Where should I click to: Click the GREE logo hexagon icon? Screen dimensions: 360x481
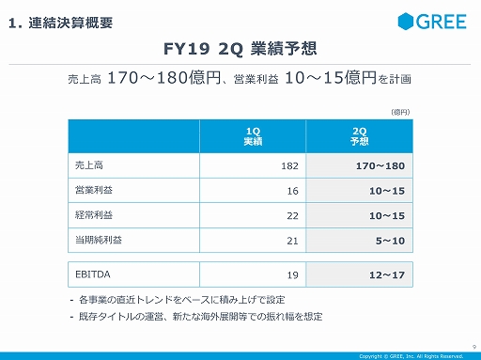[x=405, y=22]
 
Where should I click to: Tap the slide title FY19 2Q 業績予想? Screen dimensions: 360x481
[x=240, y=47]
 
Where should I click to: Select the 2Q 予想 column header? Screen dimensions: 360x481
[x=358, y=133]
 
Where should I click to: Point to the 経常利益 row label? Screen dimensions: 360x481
[x=95, y=215]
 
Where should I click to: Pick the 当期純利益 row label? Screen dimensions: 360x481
[x=99, y=240]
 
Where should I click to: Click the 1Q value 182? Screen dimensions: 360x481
[x=289, y=165]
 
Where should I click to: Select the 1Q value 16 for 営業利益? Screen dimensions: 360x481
[x=292, y=191]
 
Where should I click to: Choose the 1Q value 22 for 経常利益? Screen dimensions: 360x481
[x=292, y=216]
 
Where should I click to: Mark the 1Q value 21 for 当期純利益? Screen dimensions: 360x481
[x=292, y=241]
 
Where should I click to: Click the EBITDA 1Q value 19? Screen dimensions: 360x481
[x=292, y=274]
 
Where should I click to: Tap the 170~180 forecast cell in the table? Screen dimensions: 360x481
[x=380, y=165]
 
